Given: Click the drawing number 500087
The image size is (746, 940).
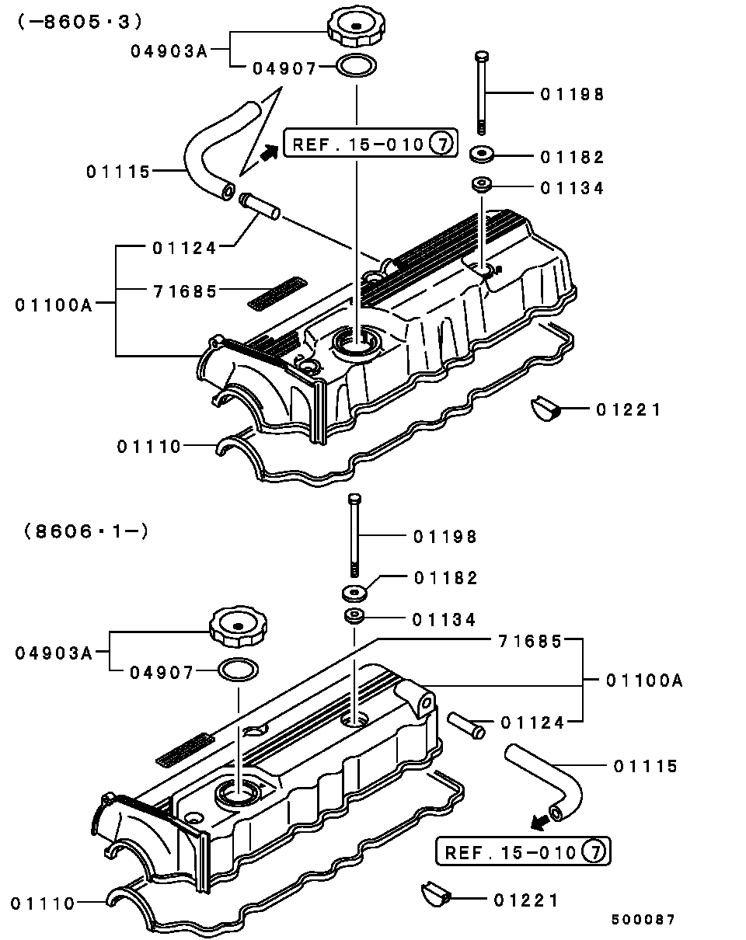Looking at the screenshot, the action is pyautogui.click(x=643, y=920).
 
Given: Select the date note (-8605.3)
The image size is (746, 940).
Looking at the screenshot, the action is pyautogui.click(x=80, y=22).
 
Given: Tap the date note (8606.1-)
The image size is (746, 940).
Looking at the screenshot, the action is pyautogui.click(x=86, y=532).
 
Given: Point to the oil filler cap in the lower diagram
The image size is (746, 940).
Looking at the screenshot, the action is pyautogui.click(x=239, y=627).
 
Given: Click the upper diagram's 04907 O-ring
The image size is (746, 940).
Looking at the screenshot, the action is pyautogui.click(x=357, y=66).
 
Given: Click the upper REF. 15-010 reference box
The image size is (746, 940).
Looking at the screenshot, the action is pyautogui.click(x=371, y=143).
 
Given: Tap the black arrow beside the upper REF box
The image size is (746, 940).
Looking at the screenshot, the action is pyautogui.click(x=270, y=153).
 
